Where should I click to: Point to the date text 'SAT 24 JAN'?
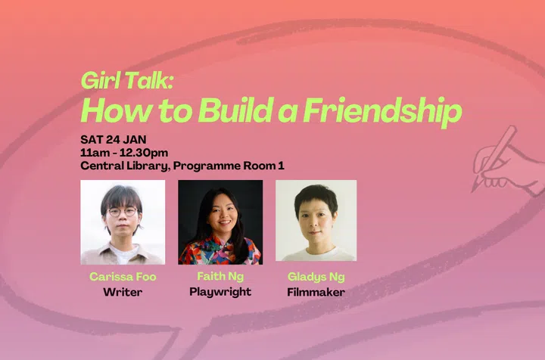click(x=114, y=139)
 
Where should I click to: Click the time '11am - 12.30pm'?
click(x=126, y=152)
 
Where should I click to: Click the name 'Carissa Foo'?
click(x=123, y=276)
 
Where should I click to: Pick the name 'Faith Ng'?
click(x=220, y=276)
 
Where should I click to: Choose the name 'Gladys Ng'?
click(x=316, y=276)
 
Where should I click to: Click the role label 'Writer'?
click(x=123, y=291)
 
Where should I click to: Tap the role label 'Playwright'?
click(x=220, y=291)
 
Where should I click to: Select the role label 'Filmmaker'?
click(x=316, y=291)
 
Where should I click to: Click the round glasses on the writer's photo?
click(x=122, y=212)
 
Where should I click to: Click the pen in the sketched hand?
click(x=495, y=155)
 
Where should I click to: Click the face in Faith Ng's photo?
click(x=220, y=216)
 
